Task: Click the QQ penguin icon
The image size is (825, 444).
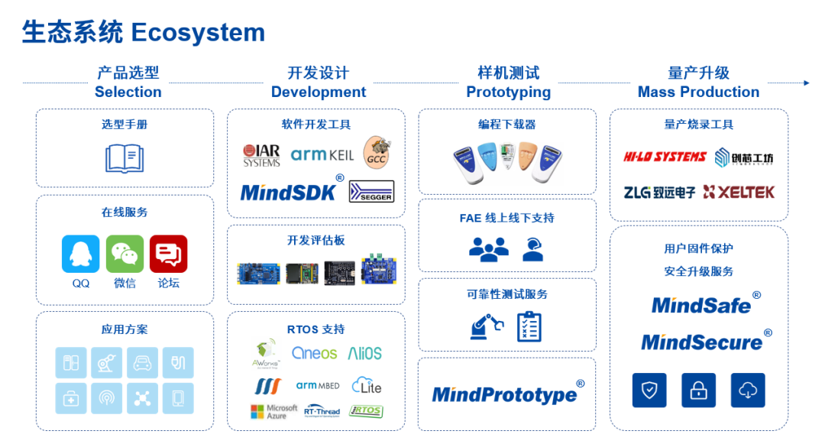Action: [80, 254]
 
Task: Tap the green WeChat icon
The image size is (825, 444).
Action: [125, 254]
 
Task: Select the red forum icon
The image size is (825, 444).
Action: [168, 254]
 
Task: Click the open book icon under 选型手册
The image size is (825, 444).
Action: [125, 157]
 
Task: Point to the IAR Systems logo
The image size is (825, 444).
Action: [261, 155]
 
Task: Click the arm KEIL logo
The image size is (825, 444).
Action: [322, 155]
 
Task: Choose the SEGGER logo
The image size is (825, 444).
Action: [371, 191]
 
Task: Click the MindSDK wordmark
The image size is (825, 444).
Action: [289, 192]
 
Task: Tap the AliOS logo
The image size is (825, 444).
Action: [364, 353]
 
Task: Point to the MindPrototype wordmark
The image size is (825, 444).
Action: [504, 394]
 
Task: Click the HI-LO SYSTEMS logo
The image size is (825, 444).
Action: [665, 157]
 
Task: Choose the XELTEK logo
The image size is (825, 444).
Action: [739, 192]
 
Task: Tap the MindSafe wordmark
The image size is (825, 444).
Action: [701, 305]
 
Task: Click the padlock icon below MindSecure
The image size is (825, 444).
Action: [698, 391]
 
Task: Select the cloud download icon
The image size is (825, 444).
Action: [748, 391]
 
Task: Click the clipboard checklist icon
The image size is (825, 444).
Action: [529, 326]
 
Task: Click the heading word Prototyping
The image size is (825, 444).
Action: [508, 92]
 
